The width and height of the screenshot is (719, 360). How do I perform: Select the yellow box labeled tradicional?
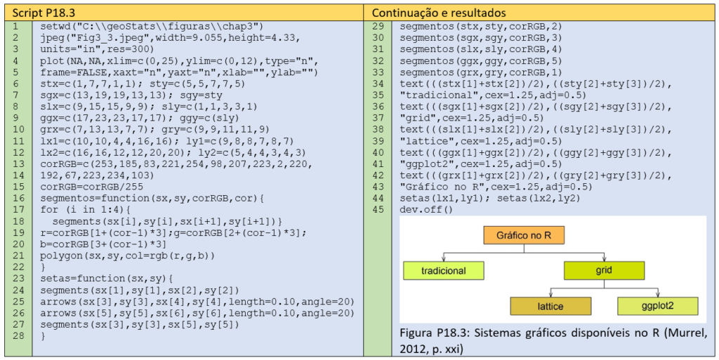click(x=443, y=270)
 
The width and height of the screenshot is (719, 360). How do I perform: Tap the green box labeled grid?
click(x=604, y=270)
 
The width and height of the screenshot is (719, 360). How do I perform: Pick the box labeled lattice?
click(x=550, y=306)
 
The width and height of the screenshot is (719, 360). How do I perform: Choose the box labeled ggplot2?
click(x=657, y=306)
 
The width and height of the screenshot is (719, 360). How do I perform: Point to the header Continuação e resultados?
click(x=439, y=13)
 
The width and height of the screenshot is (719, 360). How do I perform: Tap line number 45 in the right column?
click(x=378, y=209)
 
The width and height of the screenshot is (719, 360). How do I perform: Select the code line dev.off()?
click(x=426, y=209)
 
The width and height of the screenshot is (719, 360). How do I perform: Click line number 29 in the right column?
click(x=378, y=26)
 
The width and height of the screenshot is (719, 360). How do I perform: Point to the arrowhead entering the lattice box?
click(x=550, y=295)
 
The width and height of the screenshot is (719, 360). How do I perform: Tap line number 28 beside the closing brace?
click(x=15, y=336)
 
